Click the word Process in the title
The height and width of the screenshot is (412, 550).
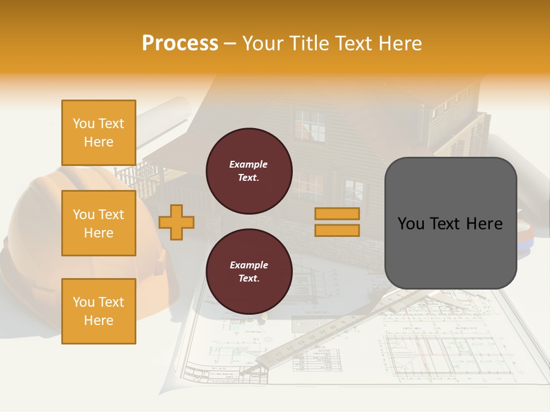(180, 43)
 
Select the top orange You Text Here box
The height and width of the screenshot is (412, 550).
(99, 133)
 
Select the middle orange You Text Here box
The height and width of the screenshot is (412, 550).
(99, 223)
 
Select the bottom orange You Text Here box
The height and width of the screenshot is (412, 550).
(99, 311)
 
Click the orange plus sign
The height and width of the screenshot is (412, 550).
(176, 222)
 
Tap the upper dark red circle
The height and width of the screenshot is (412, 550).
(249, 171)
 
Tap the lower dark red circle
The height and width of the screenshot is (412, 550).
(249, 272)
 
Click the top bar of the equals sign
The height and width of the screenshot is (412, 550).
(337, 213)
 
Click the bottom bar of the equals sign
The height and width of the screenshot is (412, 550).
(337, 231)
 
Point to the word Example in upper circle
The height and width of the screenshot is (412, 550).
(249, 164)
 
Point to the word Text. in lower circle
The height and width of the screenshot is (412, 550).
(249, 279)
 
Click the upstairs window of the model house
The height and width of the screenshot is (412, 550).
(310, 126)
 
